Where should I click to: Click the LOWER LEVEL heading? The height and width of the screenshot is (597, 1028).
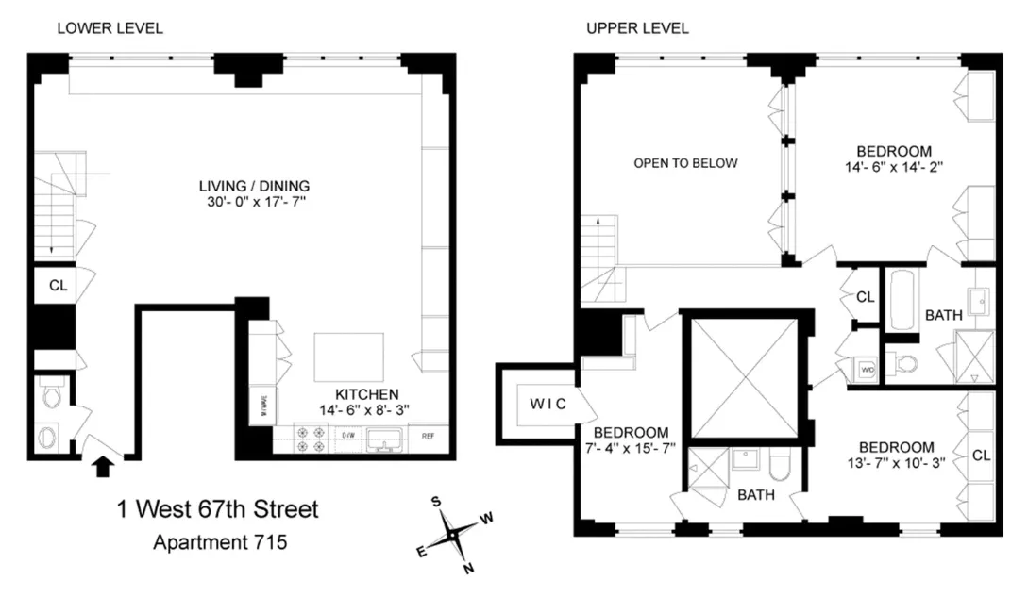tap(110, 28)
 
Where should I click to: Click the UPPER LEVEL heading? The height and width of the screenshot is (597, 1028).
tap(637, 28)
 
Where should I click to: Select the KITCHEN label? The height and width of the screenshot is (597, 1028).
tap(367, 394)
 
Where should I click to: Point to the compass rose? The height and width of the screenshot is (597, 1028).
tap(453, 534)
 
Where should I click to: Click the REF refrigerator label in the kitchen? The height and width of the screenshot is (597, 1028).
tap(429, 437)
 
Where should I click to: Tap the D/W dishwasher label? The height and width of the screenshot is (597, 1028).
tap(346, 437)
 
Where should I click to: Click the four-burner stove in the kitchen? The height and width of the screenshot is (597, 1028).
tap(306, 437)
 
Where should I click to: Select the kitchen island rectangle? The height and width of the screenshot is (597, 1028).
tap(349, 356)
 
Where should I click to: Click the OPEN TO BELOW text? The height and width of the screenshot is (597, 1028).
tap(685, 163)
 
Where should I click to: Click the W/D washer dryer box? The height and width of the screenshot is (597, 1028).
tap(866, 371)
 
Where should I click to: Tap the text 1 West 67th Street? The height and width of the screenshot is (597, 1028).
tap(218, 510)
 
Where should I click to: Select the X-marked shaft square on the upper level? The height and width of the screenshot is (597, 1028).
tap(745, 378)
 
